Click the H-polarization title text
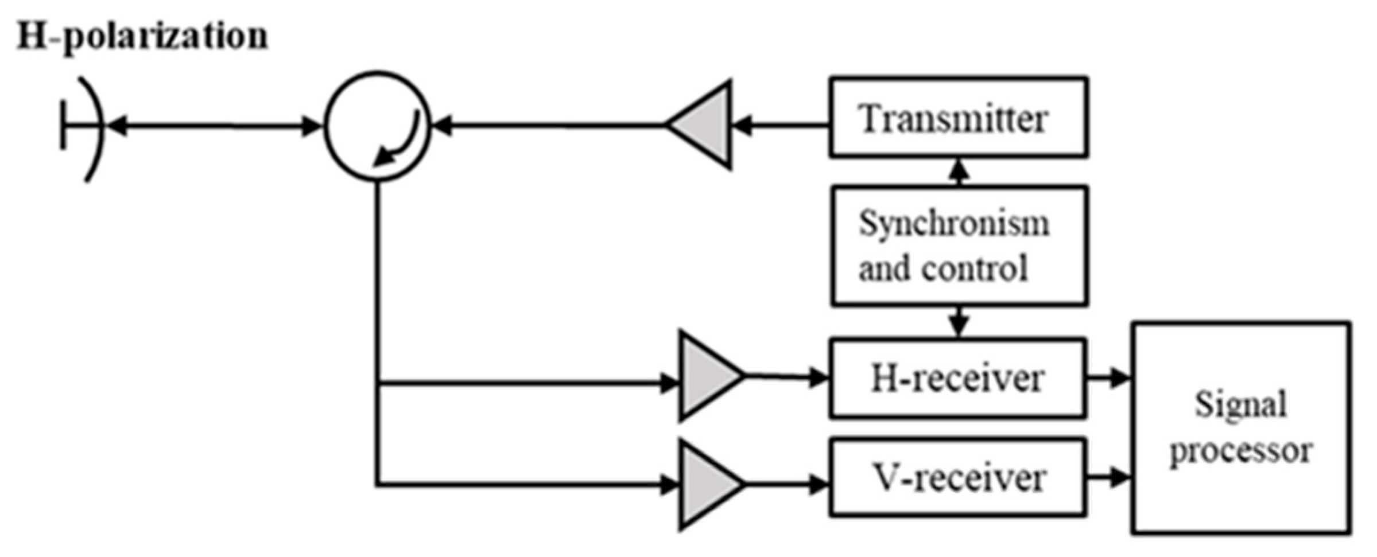tap(142, 37)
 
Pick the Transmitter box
tap(958, 118)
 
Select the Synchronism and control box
tap(958, 246)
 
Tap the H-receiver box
tap(957, 379)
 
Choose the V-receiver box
tap(957, 477)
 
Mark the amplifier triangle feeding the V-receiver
tap(707, 485)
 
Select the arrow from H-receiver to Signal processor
tap(1108, 378)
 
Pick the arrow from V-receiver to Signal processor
tap(1108, 477)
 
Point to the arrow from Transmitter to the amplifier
tap(781, 125)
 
